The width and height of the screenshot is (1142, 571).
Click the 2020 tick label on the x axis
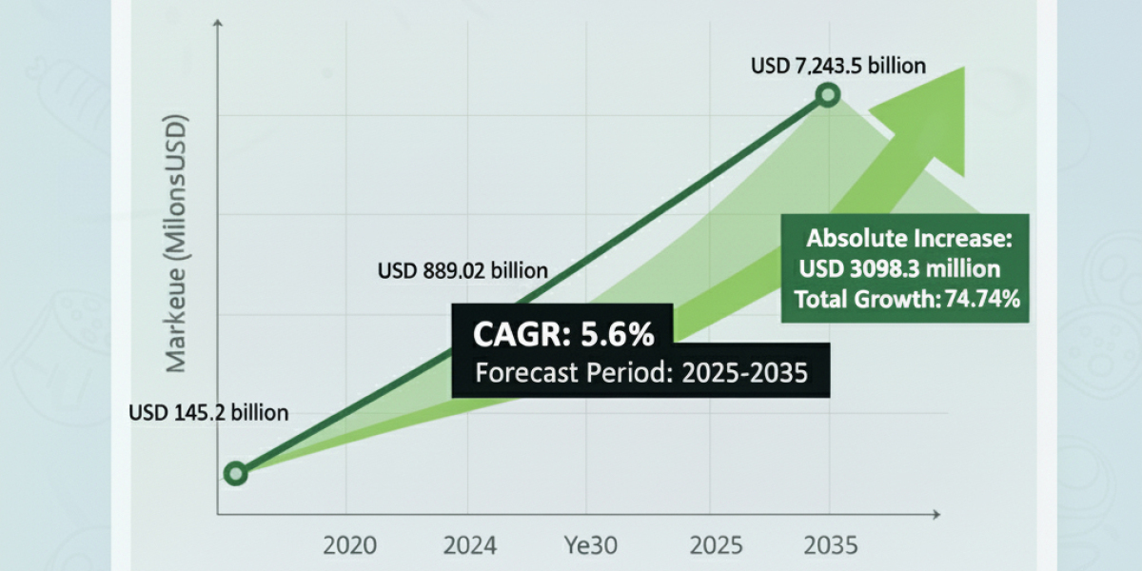click(349, 546)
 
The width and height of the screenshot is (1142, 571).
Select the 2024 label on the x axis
click(469, 546)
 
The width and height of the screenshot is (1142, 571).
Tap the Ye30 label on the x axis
click(591, 546)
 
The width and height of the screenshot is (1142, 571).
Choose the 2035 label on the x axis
click(831, 546)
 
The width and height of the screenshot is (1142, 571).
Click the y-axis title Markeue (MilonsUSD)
click(177, 244)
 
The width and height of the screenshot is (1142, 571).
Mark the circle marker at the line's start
click(235, 473)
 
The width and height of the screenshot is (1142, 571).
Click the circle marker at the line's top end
click(828, 94)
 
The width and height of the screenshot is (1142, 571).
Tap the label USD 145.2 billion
click(208, 413)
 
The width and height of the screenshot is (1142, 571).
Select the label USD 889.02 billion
click(463, 271)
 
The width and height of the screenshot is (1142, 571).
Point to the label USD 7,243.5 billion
click(838, 66)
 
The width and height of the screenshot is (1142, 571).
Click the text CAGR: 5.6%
click(563, 335)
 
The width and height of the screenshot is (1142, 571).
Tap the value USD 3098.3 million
click(899, 268)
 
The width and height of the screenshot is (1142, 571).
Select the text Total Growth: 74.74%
click(908, 299)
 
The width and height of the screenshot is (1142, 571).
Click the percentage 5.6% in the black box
click(616, 335)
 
